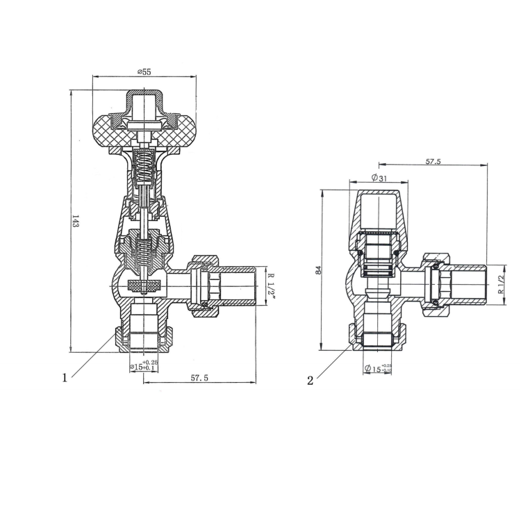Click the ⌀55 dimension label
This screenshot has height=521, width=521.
point(144,72)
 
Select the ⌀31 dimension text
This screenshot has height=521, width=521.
point(379,178)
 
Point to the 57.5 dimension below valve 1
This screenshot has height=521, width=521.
point(200,377)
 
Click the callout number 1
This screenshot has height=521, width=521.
point(65,378)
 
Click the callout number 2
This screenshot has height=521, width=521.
point(311,380)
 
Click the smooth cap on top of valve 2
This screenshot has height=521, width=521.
point(379,212)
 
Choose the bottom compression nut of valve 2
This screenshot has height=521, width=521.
point(379,338)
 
